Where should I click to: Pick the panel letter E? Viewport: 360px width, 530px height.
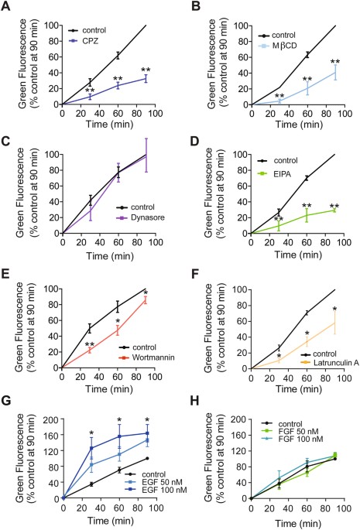coord(6,270)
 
